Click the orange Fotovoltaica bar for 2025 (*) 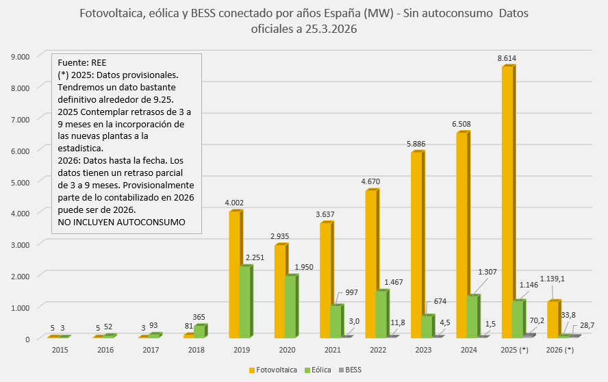(507, 202)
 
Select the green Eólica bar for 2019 (245, 301)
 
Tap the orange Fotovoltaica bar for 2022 (370, 264)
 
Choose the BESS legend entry (353, 370)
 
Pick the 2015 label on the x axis (60, 350)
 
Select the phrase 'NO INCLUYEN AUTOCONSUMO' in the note (121, 222)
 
